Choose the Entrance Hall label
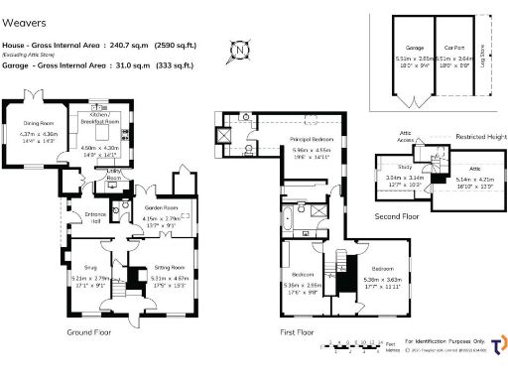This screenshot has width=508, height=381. (96, 216)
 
